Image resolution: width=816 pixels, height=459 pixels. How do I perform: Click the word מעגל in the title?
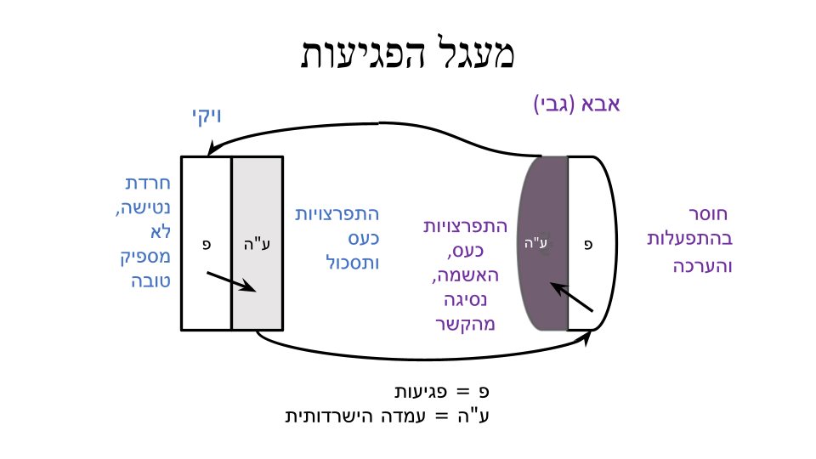[x=468, y=52]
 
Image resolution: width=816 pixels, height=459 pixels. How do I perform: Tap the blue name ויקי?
[x=207, y=116]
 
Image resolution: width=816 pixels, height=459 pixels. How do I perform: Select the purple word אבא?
[x=599, y=104]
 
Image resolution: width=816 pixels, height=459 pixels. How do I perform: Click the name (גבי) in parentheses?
[x=554, y=104]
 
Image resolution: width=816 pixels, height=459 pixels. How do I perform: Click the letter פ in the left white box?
[x=207, y=244]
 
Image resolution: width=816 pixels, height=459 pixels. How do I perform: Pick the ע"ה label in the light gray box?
[x=257, y=244]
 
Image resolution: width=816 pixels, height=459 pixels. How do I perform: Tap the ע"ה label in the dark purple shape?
[x=536, y=242]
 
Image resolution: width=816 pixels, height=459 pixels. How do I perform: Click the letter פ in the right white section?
[x=588, y=244]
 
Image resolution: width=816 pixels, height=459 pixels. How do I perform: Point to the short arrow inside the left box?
[x=231, y=281]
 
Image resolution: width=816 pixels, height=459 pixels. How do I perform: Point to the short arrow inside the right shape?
[x=571, y=297]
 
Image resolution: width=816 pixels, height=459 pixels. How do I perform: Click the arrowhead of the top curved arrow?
[x=212, y=147]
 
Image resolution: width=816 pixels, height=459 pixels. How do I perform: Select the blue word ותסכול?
[x=352, y=263]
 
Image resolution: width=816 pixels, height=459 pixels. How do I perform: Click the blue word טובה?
[x=151, y=281]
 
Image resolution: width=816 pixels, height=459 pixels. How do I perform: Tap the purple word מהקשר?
[x=465, y=324]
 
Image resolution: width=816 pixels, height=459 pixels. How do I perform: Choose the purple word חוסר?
[x=708, y=214]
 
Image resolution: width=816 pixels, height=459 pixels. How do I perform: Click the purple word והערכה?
[x=703, y=266]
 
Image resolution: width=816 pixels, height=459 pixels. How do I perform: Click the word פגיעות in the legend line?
[x=421, y=391]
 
